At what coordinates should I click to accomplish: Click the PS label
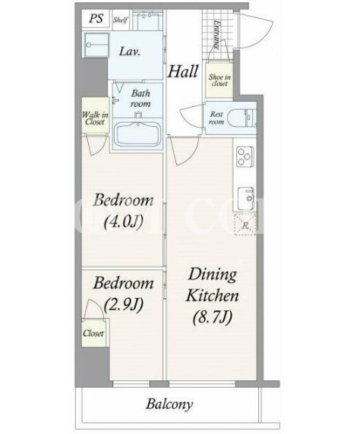tap(96, 19)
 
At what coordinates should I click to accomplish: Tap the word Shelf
tap(121, 20)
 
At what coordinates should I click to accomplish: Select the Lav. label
tap(130, 52)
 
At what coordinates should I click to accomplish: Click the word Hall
tap(183, 71)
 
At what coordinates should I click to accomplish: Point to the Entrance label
tap(217, 35)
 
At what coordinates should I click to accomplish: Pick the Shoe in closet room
tap(219, 80)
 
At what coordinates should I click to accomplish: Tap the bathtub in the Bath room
tap(137, 135)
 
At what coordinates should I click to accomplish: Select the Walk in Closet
tap(95, 115)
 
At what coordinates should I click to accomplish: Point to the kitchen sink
tap(246, 199)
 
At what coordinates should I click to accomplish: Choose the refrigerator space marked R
tap(245, 225)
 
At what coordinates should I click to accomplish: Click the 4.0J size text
tap(123, 222)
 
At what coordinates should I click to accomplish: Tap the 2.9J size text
tap(123, 304)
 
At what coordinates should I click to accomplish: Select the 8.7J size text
tap(212, 317)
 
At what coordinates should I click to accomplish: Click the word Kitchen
tap(213, 295)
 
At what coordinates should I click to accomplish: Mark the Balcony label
tap(169, 404)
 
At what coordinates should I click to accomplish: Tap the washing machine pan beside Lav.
tap(96, 45)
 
